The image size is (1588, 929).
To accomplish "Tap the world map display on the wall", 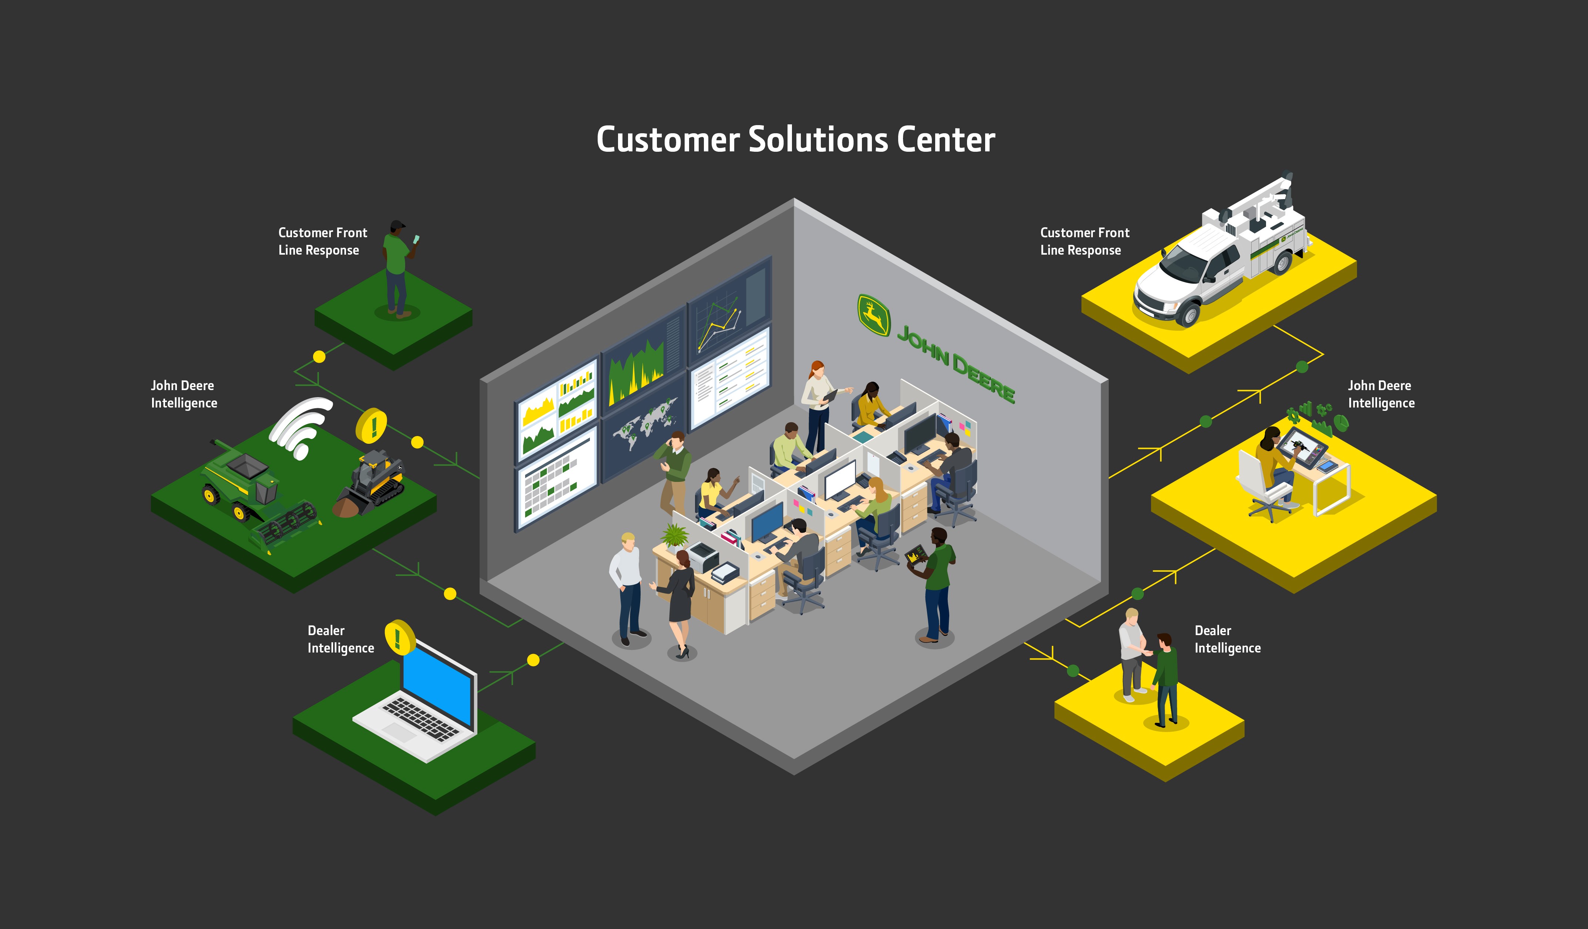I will [644, 425].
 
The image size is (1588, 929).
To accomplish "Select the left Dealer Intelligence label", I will [340, 639].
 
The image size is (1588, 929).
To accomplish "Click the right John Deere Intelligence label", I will [1381, 394].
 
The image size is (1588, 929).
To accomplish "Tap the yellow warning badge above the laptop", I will [399, 637].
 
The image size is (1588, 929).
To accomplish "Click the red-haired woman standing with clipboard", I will [817, 403].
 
